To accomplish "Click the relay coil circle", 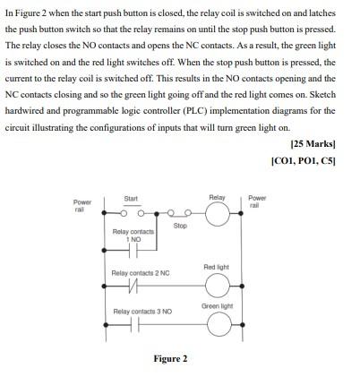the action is (217, 214).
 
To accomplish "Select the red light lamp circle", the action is (217, 285).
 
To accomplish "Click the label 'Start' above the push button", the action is (131, 197).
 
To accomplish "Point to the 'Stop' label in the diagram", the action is (180, 226).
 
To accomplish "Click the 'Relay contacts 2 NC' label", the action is (141, 272).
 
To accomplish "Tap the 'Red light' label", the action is (217, 267).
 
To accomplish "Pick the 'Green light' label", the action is (217, 305).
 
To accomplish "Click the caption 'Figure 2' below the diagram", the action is (170, 359).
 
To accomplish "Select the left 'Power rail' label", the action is (82, 205).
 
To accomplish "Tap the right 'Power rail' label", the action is (257, 200).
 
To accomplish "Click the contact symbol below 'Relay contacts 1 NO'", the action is (133, 248).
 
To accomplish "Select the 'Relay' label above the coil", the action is (217, 196).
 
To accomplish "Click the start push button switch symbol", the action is (131, 212).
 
